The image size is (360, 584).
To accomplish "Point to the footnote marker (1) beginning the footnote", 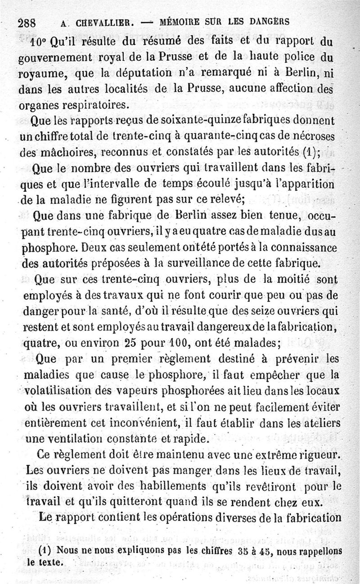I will pyautogui.click(x=44, y=550).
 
